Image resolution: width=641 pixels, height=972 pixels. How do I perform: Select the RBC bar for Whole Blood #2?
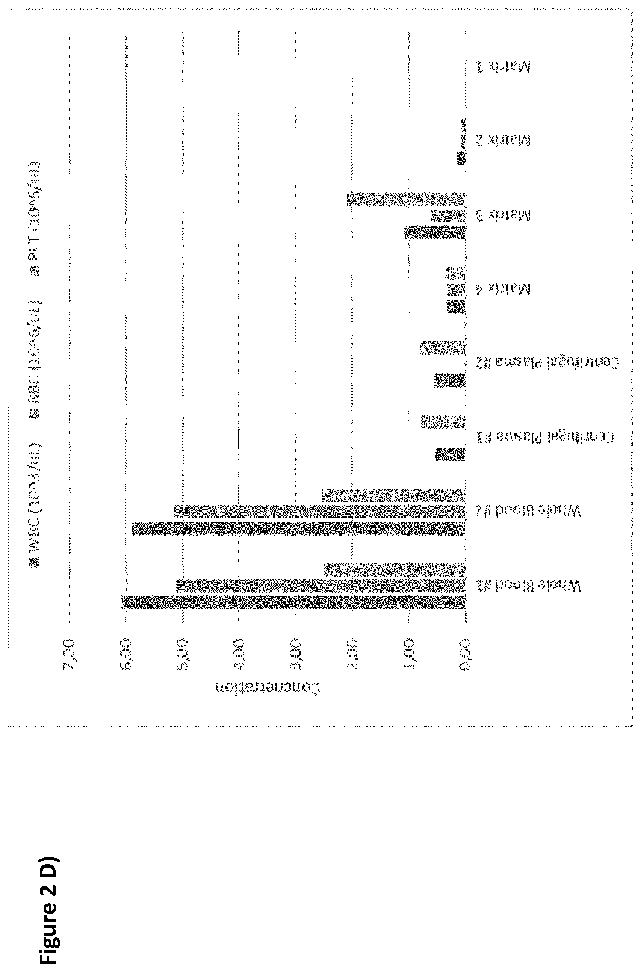click(x=320, y=512)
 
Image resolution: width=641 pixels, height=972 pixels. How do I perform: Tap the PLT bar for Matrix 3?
click(x=406, y=199)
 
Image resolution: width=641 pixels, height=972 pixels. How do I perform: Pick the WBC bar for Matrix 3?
click(x=435, y=232)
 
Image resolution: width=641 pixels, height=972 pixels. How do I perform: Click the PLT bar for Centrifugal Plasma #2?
click(x=443, y=347)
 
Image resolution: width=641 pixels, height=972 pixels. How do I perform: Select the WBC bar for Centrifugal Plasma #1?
click(x=451, y=454)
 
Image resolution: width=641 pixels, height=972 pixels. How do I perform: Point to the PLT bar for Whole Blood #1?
click(x=395, y=569)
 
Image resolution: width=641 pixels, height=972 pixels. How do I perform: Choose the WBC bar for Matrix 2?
click(x=461, y=158)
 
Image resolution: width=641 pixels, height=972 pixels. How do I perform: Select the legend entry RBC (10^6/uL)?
click(x=34, y=359)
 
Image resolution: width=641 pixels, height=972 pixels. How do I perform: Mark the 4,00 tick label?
click(x=239, y=654)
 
